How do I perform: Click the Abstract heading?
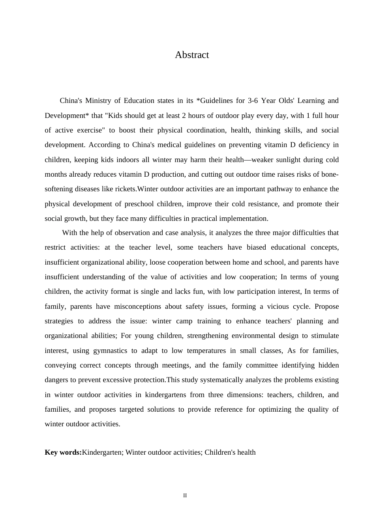coord(192,55)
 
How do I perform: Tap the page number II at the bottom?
coord(185,496)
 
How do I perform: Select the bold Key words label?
coord(63,452)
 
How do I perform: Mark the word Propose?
coord(326,306)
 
